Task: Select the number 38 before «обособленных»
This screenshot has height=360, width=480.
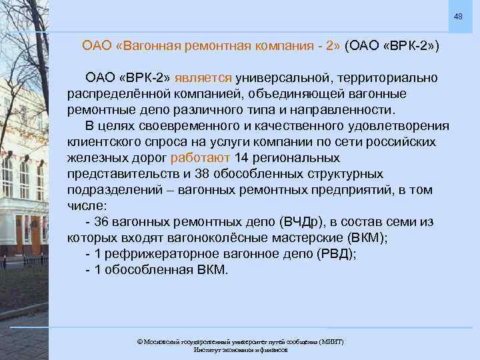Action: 201,174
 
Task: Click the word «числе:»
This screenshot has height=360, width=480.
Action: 85,206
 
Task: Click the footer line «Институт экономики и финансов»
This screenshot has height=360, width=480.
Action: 240,349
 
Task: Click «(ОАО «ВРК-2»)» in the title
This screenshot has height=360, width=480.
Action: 393,47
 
